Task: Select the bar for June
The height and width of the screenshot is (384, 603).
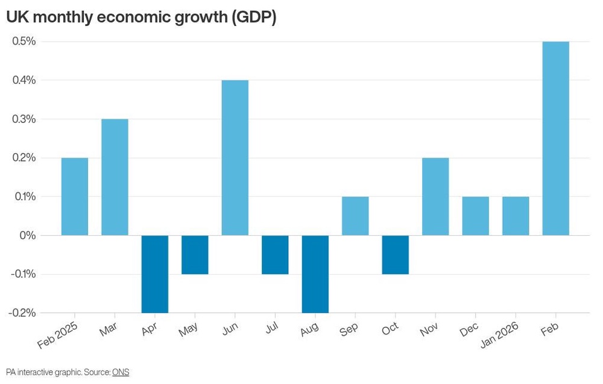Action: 235,157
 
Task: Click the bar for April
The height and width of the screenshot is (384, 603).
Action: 154,274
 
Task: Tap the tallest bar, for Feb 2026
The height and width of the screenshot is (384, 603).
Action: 556,139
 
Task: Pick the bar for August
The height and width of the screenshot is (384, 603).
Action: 315,274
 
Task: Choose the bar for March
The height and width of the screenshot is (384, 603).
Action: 115,177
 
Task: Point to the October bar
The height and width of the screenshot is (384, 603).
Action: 396,254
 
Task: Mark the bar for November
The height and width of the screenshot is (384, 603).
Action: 435,197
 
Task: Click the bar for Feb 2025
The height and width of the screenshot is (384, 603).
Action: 75,197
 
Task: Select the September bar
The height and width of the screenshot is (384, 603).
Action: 355,216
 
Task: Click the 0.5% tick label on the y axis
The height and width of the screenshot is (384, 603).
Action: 24,41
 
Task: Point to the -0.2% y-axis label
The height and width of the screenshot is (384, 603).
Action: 22,312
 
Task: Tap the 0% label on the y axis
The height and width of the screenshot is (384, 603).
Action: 28,235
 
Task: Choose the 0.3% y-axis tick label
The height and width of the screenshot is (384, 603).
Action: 24,119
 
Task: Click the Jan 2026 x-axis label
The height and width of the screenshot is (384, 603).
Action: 499,335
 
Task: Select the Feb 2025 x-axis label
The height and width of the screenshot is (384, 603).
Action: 57,335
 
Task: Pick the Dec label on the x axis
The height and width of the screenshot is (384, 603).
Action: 469,329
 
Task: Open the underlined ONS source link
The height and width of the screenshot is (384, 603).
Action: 121,372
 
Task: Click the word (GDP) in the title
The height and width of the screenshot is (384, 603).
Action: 254,17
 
